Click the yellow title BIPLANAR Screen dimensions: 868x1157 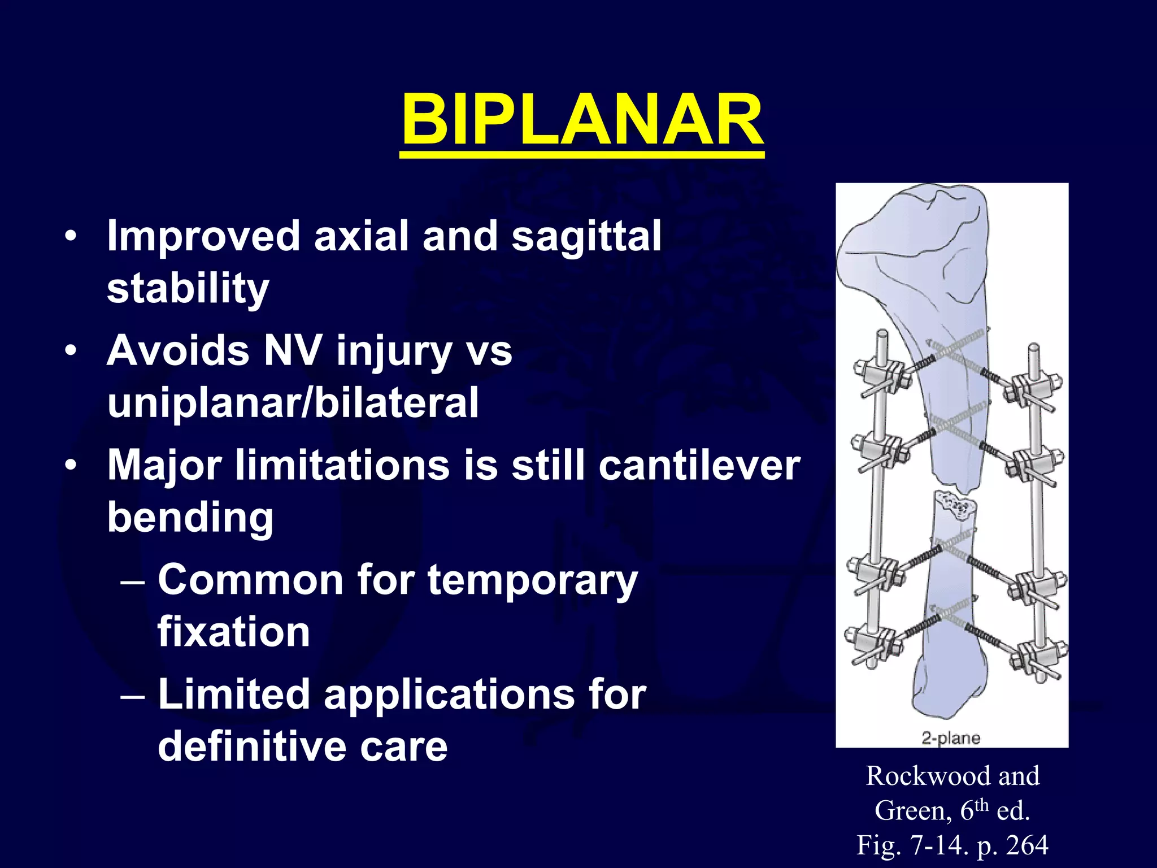[582, 120]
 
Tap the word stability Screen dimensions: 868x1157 [188, 288]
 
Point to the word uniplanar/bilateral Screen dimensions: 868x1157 [293, 402]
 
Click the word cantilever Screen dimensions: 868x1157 [699, 465]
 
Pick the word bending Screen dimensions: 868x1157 [190, 517]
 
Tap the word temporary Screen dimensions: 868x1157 [532, 580]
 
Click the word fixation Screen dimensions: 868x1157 [233, 632]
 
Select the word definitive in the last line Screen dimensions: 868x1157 [252, 747]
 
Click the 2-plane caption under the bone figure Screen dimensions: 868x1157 [951, 737]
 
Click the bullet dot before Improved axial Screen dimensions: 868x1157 [70, 236]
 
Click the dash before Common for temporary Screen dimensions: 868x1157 [133, 581]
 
